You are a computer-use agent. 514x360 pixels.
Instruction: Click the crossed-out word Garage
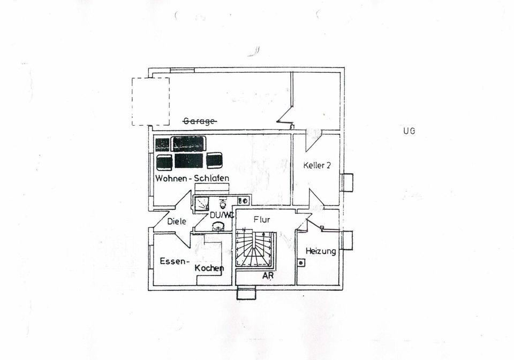click(x=200, y=121)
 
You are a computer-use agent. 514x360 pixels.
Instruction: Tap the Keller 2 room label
click(x=317, y=166)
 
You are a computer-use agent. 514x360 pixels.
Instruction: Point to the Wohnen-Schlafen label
click(x=192, y=178)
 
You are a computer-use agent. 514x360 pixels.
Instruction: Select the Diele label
click(x=176, y=221)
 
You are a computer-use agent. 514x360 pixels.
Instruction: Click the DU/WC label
click(x=221, y=215)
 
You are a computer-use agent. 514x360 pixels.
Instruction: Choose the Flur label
click(x=262, y=219)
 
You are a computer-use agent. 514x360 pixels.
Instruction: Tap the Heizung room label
click(x=321, y=251)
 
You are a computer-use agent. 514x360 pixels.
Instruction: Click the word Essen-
click(x=175, y=262)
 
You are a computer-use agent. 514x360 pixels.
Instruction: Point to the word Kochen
click(x=209, y=268)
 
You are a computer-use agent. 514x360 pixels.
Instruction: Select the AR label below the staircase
click(x=268, y=276)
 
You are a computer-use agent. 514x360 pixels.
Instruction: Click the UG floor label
click(x=410, y=131)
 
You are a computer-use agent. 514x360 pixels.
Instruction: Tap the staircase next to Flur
click(x=255, y=249)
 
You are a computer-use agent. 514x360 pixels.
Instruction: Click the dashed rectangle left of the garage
click(x=150, y=101)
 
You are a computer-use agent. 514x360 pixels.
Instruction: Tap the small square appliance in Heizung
click(x=301, y=263)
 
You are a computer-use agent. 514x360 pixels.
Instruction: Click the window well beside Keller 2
click(x=347, y=182)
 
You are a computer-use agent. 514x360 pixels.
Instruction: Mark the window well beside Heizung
click(x=347, y=240)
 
